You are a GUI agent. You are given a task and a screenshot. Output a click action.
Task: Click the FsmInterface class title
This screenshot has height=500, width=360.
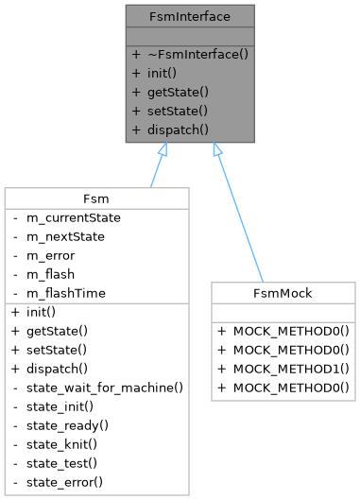tap(191, 16)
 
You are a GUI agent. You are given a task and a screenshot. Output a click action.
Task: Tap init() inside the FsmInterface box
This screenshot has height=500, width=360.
tap(164, 73)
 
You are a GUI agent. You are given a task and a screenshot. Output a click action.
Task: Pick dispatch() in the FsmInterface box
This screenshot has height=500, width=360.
tap(177, 129)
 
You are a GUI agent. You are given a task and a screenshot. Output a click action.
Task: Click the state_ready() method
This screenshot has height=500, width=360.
tap(72, 425)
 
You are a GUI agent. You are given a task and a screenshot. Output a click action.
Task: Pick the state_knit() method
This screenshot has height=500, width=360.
tap(67, 444)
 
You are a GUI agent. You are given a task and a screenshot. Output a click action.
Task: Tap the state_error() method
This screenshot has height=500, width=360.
tap(70, 482)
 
